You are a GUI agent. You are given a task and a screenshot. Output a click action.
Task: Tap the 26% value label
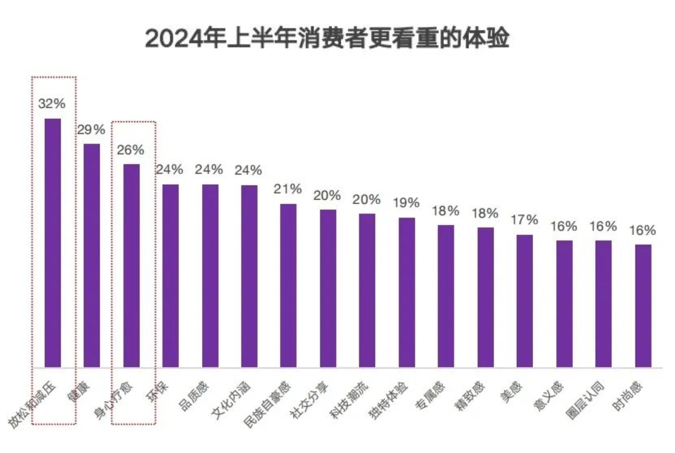pyautogui.click(x=130, y=150)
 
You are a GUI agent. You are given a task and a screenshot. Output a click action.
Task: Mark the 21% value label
pyautogui.click(x=288, y=189)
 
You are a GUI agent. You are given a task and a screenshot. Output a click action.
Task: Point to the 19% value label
pyautogui.click(x=406, y=203)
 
